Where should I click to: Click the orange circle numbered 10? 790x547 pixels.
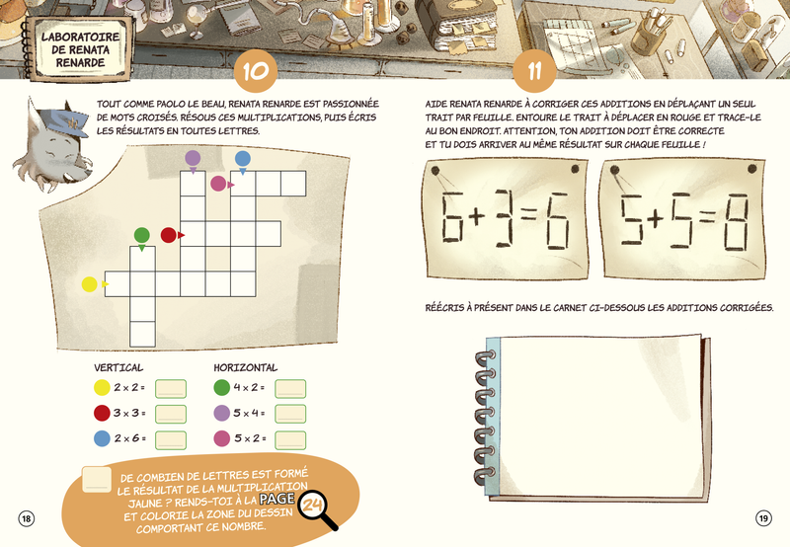256,70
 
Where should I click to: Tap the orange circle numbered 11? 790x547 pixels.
534,70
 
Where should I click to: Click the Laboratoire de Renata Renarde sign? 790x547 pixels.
80,49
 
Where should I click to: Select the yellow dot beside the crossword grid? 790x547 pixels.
89,284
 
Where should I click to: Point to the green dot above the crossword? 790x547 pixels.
142,235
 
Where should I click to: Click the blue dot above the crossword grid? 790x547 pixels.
243,159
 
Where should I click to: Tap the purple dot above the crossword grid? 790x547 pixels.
193,158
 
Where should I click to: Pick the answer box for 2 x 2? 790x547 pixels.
171,389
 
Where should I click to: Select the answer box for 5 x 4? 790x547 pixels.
290,414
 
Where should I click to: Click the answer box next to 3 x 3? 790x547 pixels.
171,414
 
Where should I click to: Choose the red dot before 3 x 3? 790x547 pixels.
102,413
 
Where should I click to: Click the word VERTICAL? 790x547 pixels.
118,367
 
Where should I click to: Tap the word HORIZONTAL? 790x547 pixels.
245,367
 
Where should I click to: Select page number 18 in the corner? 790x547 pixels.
27,518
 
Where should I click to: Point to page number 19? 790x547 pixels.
763,517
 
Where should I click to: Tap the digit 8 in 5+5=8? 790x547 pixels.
736,222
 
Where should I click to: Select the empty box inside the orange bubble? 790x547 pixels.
97,480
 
